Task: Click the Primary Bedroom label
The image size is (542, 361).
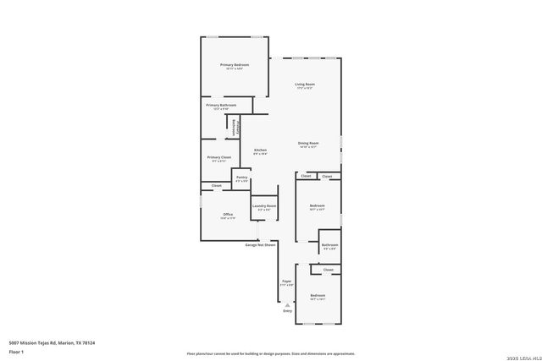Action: pos(235,65)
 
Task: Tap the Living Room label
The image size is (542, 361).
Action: pos(305,85)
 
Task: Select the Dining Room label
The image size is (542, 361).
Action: pos(308,144)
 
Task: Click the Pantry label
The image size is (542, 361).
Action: pos(241,178)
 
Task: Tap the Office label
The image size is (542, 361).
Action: pos(228,215)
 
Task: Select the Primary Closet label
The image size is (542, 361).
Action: pos(219,157)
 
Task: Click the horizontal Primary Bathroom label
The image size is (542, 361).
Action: pos(221,105)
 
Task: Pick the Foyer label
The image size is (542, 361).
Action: pos(287,283)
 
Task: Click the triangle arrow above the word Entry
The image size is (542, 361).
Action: pos(287,304)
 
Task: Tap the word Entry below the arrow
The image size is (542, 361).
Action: pos(287,311)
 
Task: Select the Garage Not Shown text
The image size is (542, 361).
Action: pos(261,244)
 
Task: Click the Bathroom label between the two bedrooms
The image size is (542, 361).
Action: pos(329,245)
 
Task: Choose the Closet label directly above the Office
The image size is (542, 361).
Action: pos(217,185)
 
